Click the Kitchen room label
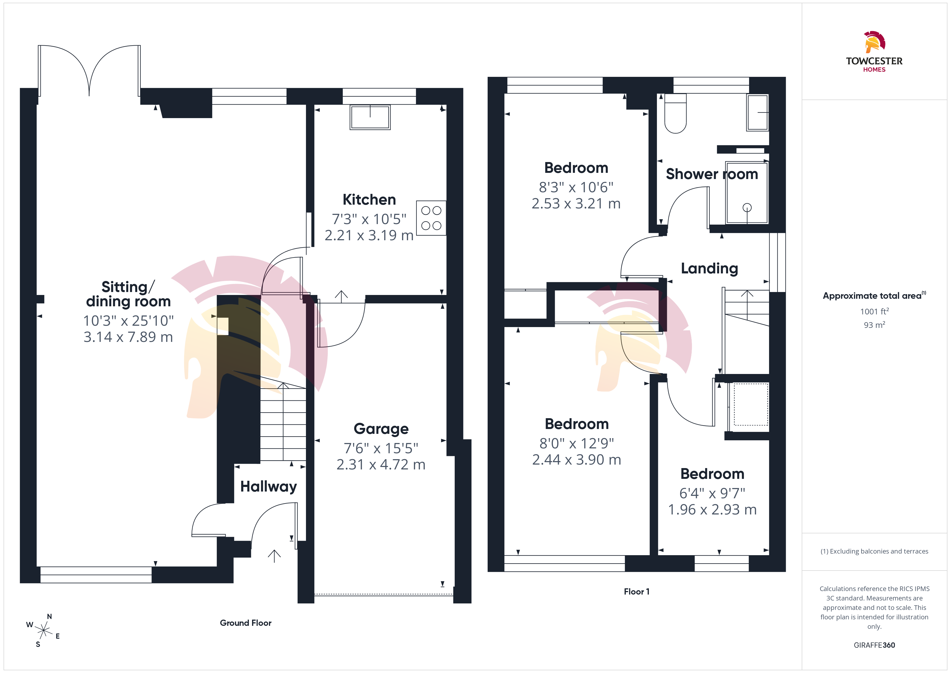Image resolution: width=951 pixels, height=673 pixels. point(369,200)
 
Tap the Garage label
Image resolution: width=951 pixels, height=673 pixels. point(381,429)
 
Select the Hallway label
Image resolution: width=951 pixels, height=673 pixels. point(268,486)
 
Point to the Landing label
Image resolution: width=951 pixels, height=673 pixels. point(709,269)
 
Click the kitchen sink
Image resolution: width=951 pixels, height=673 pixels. point(370,117)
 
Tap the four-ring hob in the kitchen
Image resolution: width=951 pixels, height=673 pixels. point(431,218)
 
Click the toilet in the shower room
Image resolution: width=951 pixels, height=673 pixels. point(675,114)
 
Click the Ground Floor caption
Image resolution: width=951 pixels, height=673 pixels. point(246,623)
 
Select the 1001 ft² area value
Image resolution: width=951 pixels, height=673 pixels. point(874,311)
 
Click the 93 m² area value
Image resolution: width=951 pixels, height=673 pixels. point(874,325)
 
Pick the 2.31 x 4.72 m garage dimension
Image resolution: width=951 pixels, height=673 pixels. point(381,465)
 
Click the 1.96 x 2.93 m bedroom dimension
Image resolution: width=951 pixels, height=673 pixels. point(712,509)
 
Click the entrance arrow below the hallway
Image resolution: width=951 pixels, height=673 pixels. point(274,556)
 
